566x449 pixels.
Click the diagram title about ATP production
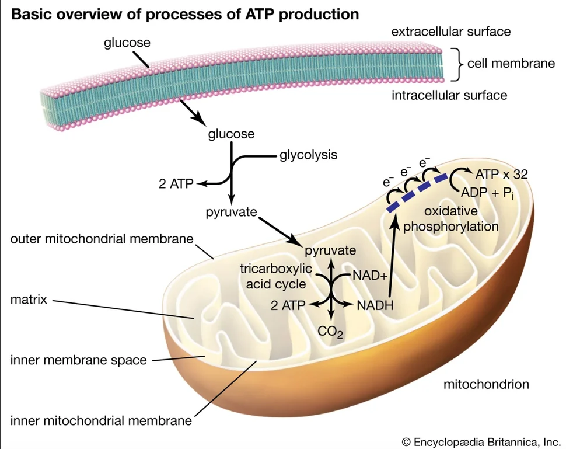pyautogui.click(x=185, y=14)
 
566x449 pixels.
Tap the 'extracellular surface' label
pyautogui.click(x=451, y=32)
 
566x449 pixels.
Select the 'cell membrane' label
pyautogui.click(x=511, y=64)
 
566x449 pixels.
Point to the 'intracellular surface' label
pyautogui.click(x=449, y=95)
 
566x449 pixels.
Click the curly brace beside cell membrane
pyautogui.click(x=457, y=64)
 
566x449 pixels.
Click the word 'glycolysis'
pyautogui.click(x=308, y=155)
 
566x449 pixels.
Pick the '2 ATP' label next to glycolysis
pyautogui.click(x=176, y=184)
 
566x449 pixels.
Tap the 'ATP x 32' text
pyautogui.click(x=501, y=175)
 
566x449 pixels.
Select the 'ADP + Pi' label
pyautogui.click(x=487, y=193)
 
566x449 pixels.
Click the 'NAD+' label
pyautogui.click(x=369, y=276)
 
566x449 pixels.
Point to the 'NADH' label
pyautogui.click(x=375, y=305)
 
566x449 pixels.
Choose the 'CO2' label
pyautogui.click(x=330, y=332)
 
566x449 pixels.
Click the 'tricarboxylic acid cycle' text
pyautogui.click(x=276, y=276)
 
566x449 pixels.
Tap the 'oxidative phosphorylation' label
pyautogui.click(x=451, y=219)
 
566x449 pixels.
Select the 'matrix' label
pyautogui.click(x=29, y=300)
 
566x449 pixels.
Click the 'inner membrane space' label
pyautogui.click(x=78, y=360)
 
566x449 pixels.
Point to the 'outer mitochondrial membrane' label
pyautogui.click(x=102, y=239)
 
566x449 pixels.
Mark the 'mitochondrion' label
pyautogui.click(x=486, y=384)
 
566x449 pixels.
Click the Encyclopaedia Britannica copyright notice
pyautogui.click(x=481, y=442)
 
